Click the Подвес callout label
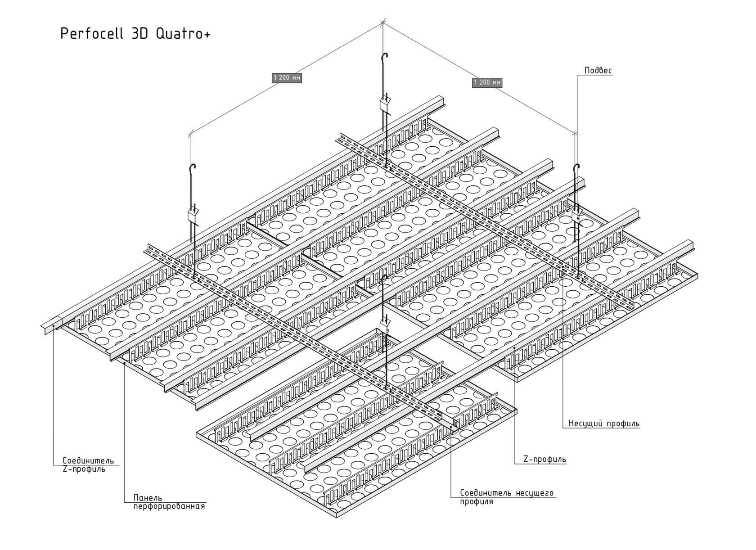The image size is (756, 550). pyautogui.click(x=598, y=71)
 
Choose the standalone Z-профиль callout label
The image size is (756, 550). pyautogui.click(x=544, y=460)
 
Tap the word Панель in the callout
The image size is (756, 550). pyautogui.click(x=147, y=498)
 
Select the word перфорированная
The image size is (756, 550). pyautogui.click(x=169, y=507)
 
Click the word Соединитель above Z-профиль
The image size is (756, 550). pyautogui.click(x=88, y=461)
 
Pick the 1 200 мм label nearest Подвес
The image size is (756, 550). pyautogui.click(x=487, y=82)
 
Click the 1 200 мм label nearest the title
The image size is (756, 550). pyautogui.click(x=287, y=78)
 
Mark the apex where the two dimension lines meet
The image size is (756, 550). pyautogui.click(x=383, y=22)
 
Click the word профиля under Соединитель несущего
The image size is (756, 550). pyautogui.click(x=476, y=501)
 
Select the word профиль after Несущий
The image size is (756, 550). pyautogui.click(x=623, y=424)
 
